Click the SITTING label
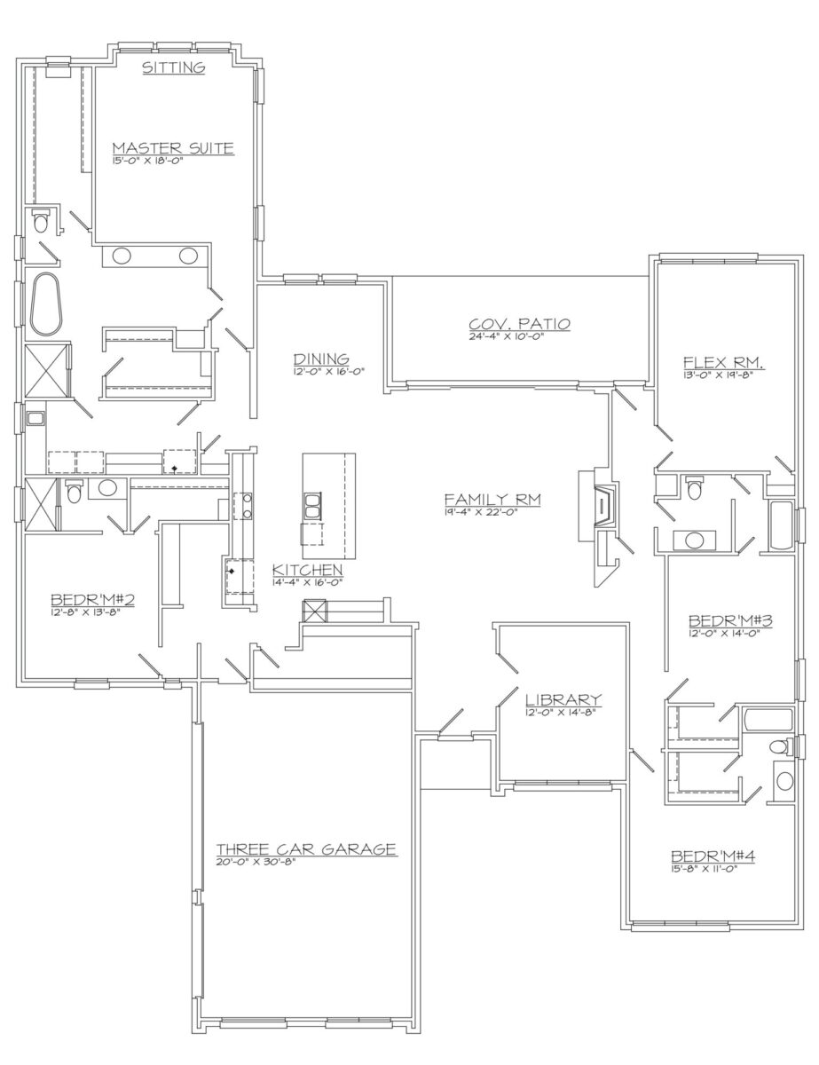[x=173, y=67]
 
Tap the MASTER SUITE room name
[x=173, y=147]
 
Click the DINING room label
[x=321, y=359]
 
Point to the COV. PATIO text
[x=519, y=324]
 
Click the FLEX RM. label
[x=724, y=363]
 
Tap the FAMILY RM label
[x=492, y=500]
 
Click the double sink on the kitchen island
[x=312, y=505]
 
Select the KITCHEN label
[x=307, y=570]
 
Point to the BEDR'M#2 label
[x=92, y=599]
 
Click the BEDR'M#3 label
[x=730, y=620]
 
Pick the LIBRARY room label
[x=563, y=698]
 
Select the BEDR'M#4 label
[x=713, y=856]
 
